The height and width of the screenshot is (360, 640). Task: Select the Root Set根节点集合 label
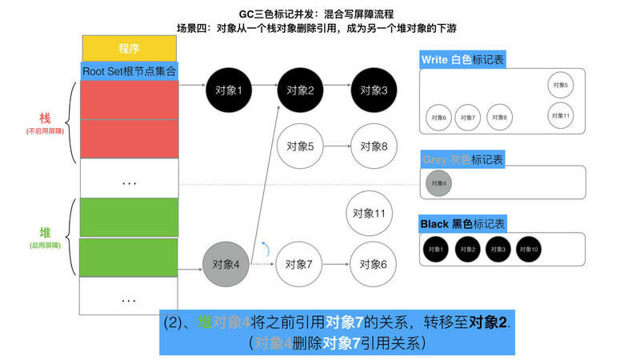129,70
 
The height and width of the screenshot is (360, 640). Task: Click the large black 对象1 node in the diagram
229,90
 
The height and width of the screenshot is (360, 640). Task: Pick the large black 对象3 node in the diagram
374,90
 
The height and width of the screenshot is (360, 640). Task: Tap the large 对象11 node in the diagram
369,214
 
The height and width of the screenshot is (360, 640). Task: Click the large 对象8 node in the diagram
374,146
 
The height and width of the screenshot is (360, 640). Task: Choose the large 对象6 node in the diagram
374,264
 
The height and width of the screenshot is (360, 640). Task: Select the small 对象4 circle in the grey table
437,183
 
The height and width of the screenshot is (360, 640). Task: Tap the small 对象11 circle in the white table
560,115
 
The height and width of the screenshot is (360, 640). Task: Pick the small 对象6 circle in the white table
437,118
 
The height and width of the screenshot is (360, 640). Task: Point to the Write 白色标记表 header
463,60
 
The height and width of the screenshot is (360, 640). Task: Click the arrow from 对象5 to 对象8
337,146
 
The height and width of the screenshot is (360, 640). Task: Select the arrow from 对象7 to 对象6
337,264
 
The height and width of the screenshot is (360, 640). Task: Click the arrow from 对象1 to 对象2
264,90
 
